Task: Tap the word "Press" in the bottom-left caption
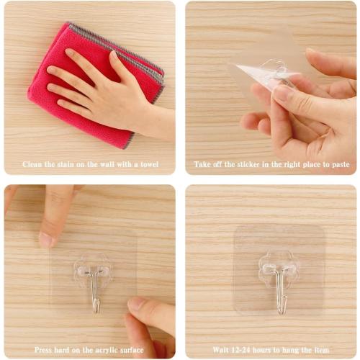tap(45, 349)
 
